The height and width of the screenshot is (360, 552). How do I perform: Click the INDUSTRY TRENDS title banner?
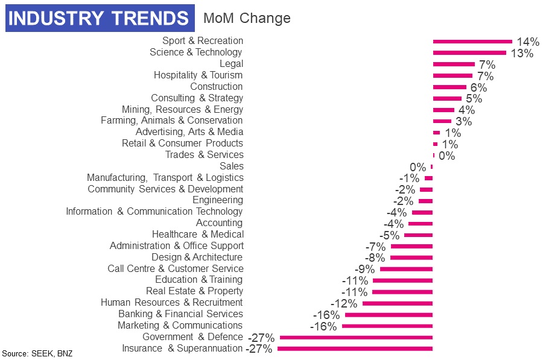(99, 19)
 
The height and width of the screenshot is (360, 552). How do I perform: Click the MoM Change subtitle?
(247, 18)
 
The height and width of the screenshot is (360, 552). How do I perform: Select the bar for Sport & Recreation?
(472, 42)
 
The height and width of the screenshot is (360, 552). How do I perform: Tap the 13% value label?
(522, 53)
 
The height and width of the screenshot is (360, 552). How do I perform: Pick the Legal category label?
(231, 63)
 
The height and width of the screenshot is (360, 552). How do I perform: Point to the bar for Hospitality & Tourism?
(452, 76)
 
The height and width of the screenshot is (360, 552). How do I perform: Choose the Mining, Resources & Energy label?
(182, 109)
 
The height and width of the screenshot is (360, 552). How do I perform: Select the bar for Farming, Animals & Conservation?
(442, 121)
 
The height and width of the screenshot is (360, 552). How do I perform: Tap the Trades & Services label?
(204, 154)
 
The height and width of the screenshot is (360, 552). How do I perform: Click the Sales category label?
(231, 166)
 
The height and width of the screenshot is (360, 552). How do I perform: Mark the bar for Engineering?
(426, 201)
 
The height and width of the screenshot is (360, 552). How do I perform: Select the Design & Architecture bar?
(411, 257)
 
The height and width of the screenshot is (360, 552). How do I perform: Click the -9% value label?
(366, 270)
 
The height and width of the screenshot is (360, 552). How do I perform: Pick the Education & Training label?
(198, 279)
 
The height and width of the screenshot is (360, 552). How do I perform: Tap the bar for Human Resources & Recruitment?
(398, 303)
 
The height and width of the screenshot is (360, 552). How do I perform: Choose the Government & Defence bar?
(356, 337)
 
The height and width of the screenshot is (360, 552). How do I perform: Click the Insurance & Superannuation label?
(182, 348)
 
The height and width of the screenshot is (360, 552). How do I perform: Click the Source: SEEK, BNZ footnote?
(37, 353)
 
